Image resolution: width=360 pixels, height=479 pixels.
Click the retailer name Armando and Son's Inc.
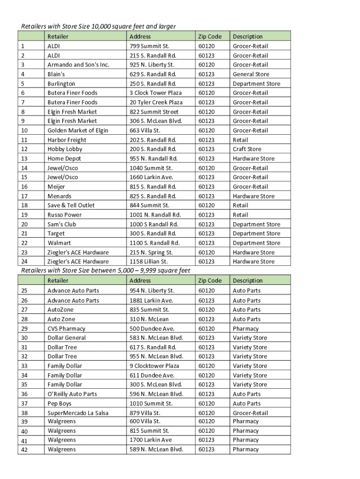tap(78, 65)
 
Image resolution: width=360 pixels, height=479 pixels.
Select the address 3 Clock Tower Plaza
tap(155, 93)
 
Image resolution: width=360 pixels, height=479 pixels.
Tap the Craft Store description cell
tap(247, 149)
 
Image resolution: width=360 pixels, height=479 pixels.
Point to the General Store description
tap(251, 74)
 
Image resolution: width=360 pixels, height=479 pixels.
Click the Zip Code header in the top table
tap(209, 36)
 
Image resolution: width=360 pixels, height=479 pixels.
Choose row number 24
tap(25, 261)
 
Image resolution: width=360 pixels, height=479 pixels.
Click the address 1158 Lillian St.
tap(149, 261)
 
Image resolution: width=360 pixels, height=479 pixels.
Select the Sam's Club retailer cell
tap(62, 224)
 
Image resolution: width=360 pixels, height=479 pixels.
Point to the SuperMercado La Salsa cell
tap(78, 413)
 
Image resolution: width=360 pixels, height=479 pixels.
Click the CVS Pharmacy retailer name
tap(66, 328)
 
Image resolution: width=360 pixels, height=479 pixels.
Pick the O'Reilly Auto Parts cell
tap(72, 394)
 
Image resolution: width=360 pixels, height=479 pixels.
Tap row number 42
tap(25, 450)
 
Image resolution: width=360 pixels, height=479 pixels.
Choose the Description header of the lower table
tap(247, 281)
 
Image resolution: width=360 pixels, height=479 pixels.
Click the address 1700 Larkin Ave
tap(151, 440)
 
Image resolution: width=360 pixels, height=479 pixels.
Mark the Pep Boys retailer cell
tap(59, 403)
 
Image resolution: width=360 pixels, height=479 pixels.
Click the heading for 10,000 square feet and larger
tap(98, 26)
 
